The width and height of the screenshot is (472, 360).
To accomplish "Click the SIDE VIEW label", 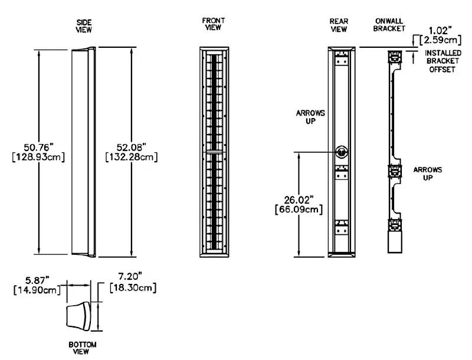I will point(84,25).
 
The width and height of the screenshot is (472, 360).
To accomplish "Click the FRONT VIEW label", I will point(214,24).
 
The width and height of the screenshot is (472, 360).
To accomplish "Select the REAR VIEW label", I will point(339,25).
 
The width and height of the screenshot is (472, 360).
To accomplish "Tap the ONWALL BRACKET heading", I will point(389,25).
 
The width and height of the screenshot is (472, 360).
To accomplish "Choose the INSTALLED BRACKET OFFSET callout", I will point(444,61).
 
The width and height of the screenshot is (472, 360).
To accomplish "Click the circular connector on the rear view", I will point(341,151).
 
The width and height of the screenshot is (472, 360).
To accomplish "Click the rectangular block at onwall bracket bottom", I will point(394,243).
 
